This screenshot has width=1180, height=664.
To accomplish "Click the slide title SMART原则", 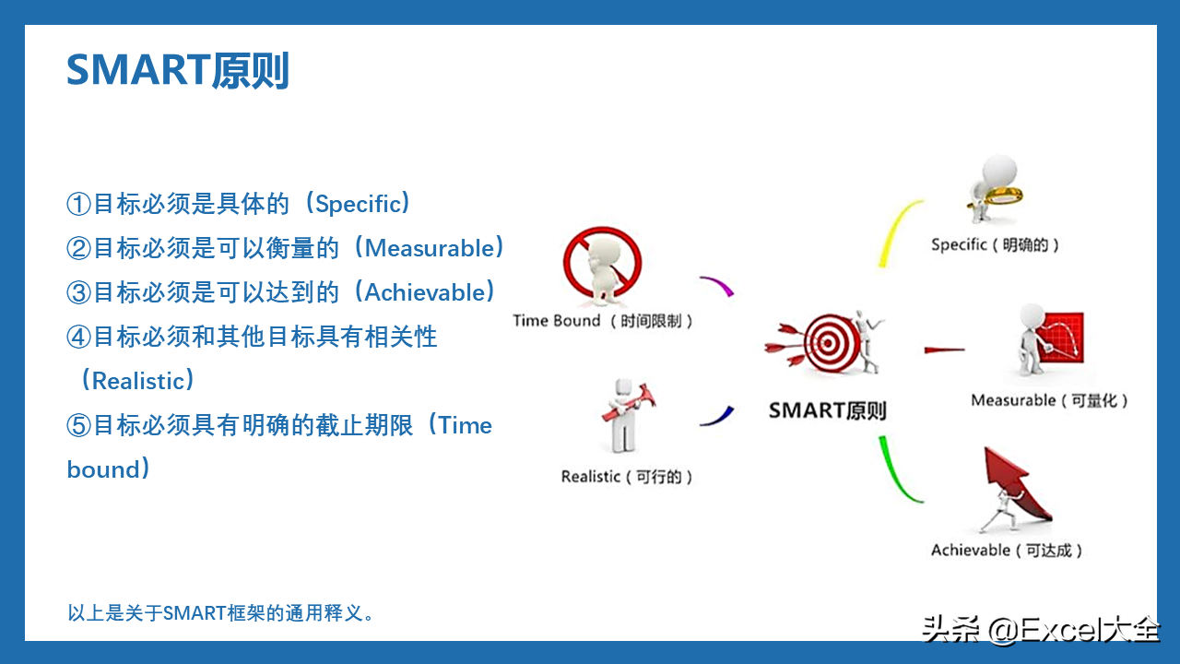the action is [178, 70].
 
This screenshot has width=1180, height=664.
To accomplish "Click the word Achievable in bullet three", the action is [425, 292].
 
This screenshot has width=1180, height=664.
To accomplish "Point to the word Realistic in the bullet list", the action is [138, 381].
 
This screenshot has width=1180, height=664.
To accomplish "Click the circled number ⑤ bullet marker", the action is [79, 425].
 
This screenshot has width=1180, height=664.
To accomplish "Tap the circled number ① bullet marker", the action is [79, 204].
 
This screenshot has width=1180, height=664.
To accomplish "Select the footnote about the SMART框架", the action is [220, 613].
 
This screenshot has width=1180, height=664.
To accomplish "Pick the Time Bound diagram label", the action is [603, 320].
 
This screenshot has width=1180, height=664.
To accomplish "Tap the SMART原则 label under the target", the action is [828, 410].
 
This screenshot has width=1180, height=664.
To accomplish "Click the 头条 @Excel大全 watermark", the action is [1041, 629].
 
